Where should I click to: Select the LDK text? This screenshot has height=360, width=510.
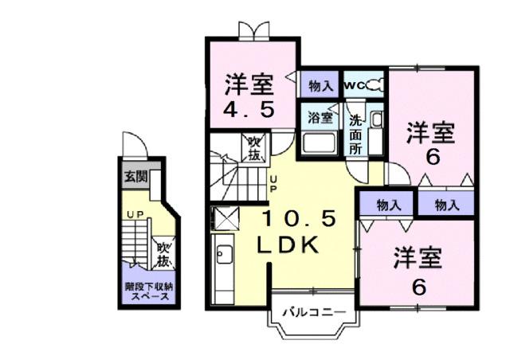288,246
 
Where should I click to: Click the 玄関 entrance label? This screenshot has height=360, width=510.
134,176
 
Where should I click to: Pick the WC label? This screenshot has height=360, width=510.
353,84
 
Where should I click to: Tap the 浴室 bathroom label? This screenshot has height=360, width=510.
319,116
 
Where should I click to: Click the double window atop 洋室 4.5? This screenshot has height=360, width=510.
252,30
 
